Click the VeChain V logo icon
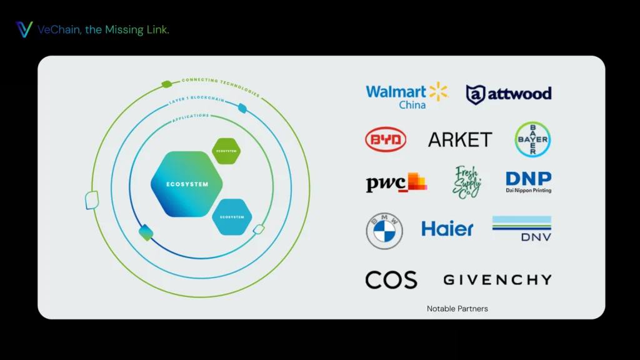click(x=24, y=29)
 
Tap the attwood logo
click(x=509, y=94)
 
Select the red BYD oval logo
click(x=386, y=139)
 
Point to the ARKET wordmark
click(x=460, y=139)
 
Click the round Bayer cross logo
click(x=532, y=139)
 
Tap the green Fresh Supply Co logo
click(x=467, y=182)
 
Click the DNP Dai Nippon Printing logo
click(x=528, y=182)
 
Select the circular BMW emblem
click(x=384, y=231)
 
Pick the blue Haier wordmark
click(x=447, y=229)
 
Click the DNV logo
click(x=522, y=229)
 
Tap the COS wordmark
click(x=391, y=279)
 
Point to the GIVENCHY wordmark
click(x=497, y=279)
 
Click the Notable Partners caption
click(x=457, y=309)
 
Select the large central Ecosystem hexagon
click(x=186, y=184)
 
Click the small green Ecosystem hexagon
click(x=226, y=151)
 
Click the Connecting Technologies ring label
click(x=220, y=87)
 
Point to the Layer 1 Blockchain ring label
click(x=198, y=99)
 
